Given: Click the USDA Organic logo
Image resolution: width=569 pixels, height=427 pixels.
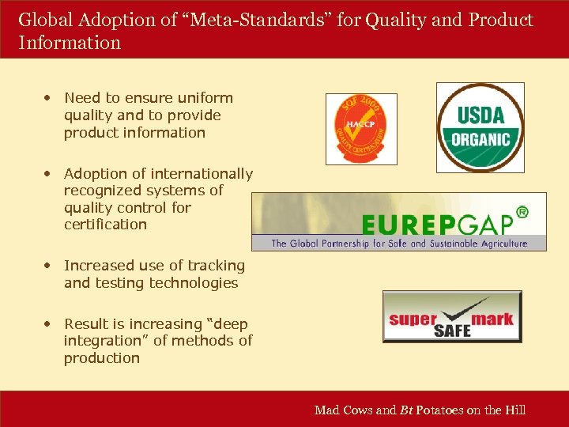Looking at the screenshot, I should (480, 128).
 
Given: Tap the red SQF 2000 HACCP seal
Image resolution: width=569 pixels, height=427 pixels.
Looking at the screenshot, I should (361, 129).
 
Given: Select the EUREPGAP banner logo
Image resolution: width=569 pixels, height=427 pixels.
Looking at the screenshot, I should (399, 221).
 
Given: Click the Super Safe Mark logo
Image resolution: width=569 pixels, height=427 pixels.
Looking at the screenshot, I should (452, 316).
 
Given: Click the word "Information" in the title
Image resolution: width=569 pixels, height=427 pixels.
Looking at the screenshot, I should (70, 43).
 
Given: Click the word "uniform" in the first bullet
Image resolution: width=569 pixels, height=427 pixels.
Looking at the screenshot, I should (206, 98).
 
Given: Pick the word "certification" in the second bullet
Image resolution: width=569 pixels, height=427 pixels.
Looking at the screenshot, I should (105, 225).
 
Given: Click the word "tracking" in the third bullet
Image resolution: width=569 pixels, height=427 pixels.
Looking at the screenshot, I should (213, 266).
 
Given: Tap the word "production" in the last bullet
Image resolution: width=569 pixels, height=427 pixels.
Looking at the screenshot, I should (101, 358).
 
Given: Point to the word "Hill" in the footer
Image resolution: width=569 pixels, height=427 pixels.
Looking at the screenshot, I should (514, 410).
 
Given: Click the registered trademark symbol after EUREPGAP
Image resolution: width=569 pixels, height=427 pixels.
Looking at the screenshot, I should (521, 212).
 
